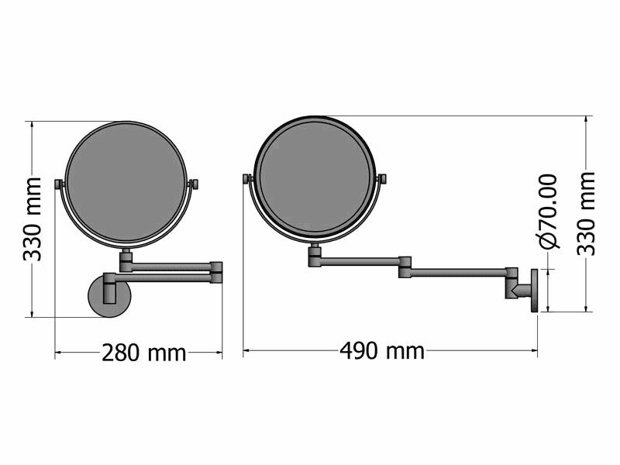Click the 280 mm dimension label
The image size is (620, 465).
tap(144, 353)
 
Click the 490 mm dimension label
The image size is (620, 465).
tap(382, 351)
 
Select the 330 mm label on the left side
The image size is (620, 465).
tap(32, 219)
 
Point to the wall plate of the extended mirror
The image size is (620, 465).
tap(535, 291)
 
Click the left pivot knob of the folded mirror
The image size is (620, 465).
tap(58, 185)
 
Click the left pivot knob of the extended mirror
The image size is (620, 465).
tap(246, 179)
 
